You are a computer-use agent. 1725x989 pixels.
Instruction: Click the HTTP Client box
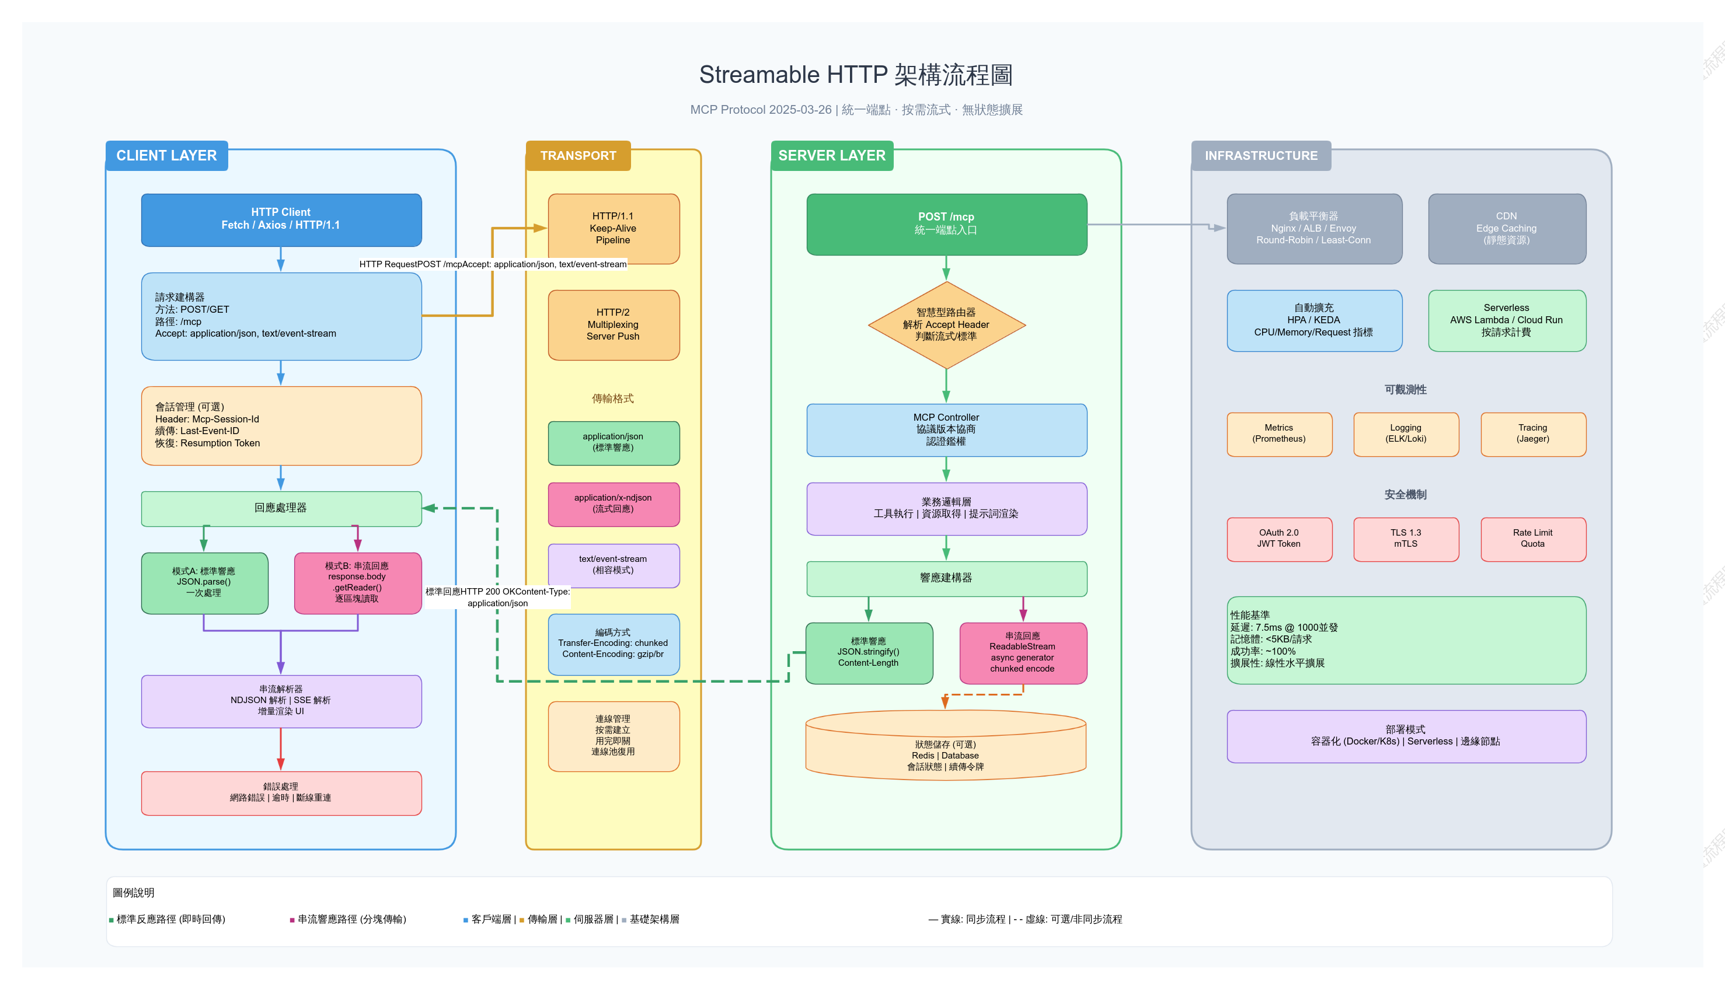point(281,219)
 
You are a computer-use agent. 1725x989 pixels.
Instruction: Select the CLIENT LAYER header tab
point(166,156)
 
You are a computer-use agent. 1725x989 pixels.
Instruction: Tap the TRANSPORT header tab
point(578,156)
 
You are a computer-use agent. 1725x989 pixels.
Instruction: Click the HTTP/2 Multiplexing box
point(614,324)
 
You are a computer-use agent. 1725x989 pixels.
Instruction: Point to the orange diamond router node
point(946,324)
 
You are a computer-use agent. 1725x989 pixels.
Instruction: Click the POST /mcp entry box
point(946,224)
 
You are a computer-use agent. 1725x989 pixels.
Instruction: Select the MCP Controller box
point(946,429)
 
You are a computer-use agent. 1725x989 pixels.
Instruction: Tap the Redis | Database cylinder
point(946,745)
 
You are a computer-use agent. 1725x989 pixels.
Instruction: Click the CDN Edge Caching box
point(1507,228)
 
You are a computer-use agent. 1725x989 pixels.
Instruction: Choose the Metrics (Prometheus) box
point(1280,434)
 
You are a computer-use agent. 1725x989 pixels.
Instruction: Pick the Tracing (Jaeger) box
point(1534,434)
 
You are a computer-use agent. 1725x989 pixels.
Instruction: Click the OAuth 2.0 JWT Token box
point(1280,539)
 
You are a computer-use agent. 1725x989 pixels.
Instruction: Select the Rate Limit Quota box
point(1534,539)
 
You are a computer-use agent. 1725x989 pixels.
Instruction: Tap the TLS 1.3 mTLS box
point(1406,539)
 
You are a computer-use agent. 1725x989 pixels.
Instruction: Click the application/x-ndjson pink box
point(614,504)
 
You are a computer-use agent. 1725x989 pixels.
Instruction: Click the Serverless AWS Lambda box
point(1507,320)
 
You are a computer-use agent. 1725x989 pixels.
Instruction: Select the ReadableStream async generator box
point(1023,653)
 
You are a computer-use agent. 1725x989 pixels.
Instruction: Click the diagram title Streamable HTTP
point(856,75)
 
